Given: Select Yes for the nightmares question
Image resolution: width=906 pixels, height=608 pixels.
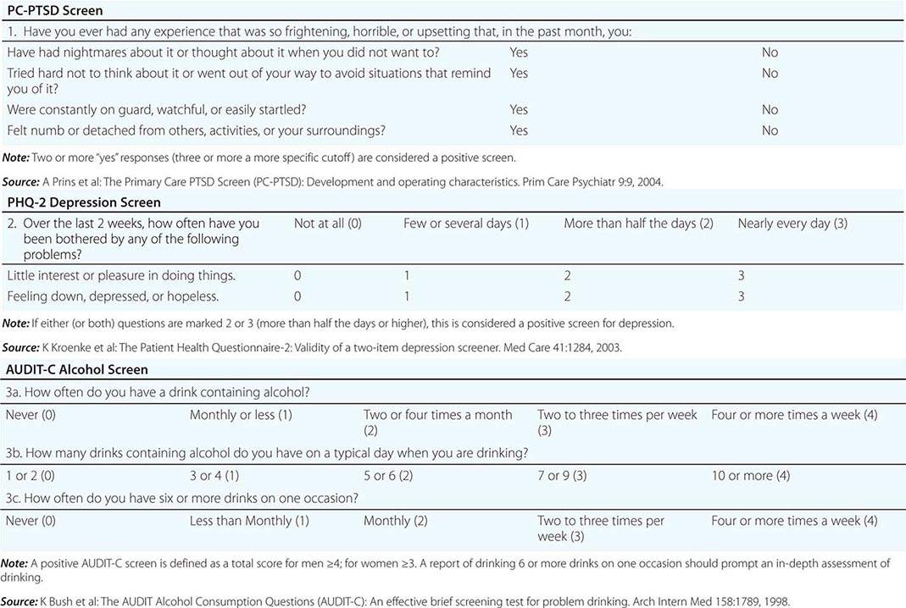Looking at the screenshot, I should point(519,53).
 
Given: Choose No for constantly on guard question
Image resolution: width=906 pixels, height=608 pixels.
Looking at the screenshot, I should point(770,109).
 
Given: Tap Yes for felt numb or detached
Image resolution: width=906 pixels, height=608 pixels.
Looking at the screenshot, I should point(519,130).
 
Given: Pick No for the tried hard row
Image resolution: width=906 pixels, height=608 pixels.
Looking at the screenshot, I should point(770,74).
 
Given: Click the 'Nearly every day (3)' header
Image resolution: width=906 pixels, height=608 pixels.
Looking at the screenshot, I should point(792,224).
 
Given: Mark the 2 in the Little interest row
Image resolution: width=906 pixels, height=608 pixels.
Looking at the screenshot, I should point(568,276).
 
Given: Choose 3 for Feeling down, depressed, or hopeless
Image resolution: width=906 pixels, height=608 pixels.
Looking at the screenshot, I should point(742,296).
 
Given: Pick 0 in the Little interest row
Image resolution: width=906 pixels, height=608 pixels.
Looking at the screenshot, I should point(297,276).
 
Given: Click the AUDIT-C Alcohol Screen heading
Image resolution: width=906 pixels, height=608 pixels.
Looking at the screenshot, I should point(77,369).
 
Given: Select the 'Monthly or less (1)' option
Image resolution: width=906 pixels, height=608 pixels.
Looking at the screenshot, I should point(241,415).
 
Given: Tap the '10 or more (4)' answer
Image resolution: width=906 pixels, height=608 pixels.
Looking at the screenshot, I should point(751,476).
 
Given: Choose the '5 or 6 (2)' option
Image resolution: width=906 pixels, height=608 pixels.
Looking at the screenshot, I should point(388,476).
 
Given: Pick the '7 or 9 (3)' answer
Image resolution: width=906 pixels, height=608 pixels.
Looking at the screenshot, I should point(562,476).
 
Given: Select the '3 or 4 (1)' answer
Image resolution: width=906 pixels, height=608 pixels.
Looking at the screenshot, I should point(214,476).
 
